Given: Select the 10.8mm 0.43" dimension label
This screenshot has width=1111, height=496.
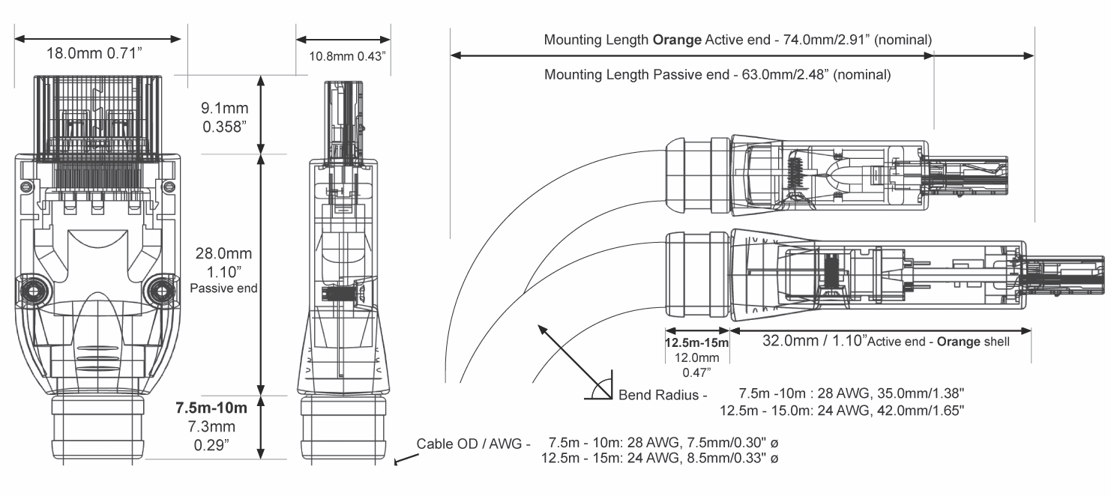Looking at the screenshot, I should pos(347,56).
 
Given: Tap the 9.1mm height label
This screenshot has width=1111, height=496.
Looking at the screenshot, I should pos(226,109).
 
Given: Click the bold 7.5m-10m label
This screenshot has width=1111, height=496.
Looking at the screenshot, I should pos(211,408).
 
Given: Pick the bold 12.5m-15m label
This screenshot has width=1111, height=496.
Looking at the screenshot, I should pos(696,342).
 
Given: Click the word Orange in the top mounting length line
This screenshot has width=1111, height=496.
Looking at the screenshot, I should pos(677,39).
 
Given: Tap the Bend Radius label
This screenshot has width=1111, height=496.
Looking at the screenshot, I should pos(660,394).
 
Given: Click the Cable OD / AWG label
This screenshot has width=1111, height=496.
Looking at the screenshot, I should pos(473,442).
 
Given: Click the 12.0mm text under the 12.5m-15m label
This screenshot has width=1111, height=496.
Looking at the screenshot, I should pos(696,357).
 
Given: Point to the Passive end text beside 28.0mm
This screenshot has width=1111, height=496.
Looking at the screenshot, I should pos(225,288).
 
